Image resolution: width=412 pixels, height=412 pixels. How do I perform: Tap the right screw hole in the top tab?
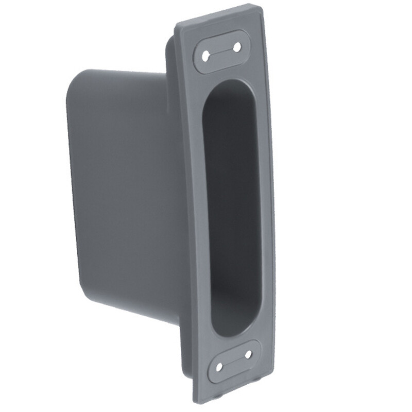(237, 47)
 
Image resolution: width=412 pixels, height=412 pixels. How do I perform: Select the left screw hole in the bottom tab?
(219, 367)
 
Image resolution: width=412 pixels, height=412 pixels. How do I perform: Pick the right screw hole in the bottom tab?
(248, 355)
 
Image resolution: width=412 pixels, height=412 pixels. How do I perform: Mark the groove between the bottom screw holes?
(233, 361)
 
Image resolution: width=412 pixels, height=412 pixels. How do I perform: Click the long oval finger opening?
(230, 206)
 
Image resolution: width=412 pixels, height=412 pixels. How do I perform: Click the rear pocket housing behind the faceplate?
(124, 196)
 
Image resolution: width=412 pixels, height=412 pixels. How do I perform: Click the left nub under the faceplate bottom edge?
(219, 399)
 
